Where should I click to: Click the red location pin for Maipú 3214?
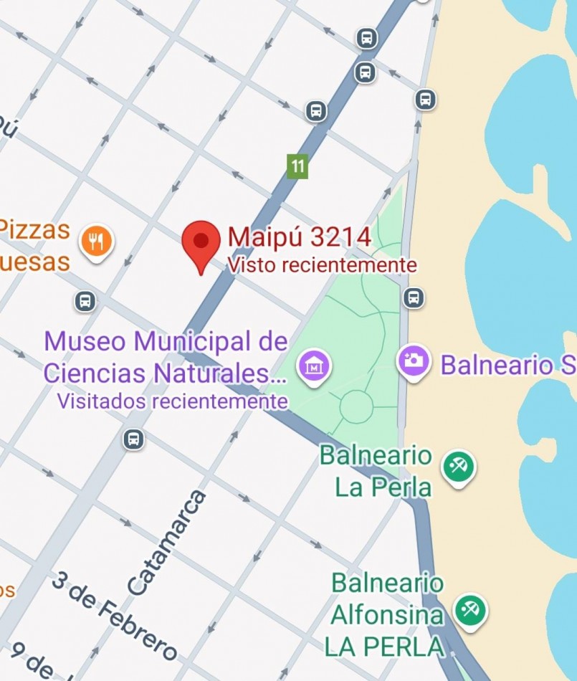click(x=201, y=242)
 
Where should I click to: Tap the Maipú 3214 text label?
click(x=300, y=237)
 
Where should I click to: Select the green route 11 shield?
click(x=297, y=166)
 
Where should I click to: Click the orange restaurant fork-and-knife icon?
click(x=97, y=241)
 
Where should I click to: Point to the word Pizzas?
click(x=34, y=231)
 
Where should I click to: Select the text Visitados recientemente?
click(x=172, y=401)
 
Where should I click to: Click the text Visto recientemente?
click(x=322, y=265)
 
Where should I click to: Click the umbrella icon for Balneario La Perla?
click(x=458, y=466)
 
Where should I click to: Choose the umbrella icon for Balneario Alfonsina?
click(x=471, y=610)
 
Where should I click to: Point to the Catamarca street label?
click(x=167, y=543)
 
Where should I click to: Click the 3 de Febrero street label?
click(x=115, y=616)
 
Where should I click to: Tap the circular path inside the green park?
click(x=356, y=406)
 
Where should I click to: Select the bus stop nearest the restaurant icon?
click(x=85, y=301)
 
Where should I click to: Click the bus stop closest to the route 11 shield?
click(x=316, y=111)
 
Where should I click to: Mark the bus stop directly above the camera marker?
click(x=414, y=297)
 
